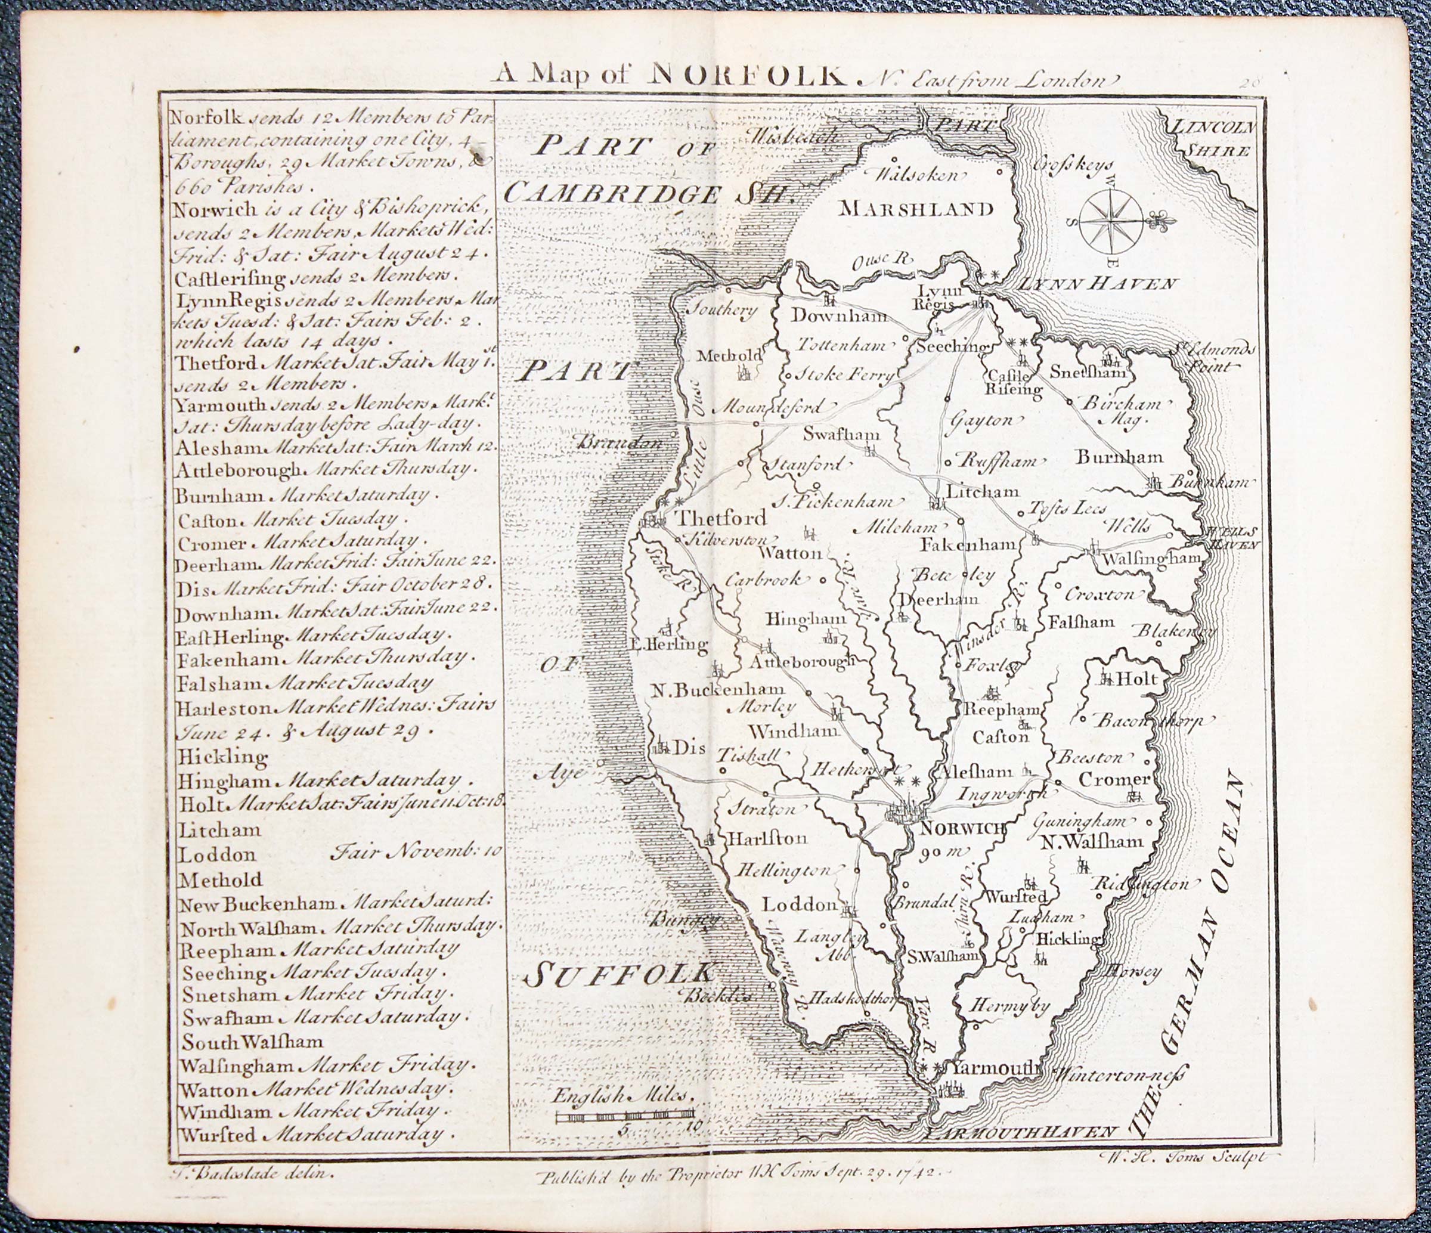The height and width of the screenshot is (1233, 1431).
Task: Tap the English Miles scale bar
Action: point(625,1116)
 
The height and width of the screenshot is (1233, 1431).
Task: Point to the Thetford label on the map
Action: point(720,518)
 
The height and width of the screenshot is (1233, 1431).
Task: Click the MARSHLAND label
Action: point(916,209)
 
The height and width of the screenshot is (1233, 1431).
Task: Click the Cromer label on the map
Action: point(1114,779)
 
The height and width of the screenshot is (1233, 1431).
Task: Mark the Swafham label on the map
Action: point(842,435)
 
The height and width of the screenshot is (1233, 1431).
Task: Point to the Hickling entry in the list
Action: point(222,757)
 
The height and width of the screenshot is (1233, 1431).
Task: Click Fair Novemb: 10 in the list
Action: point(417,851)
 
